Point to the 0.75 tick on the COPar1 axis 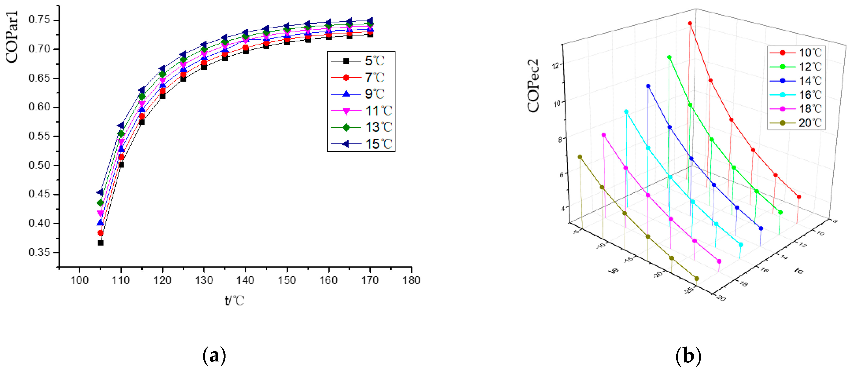click(x=39, y=20)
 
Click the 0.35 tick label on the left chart click(x=39, y=252)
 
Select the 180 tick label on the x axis click(x=411, y=280)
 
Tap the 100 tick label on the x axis click(x=80, y=280)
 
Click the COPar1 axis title click(x=12, y=37)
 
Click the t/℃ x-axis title click(x=234, y=301)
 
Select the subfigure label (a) click(x=214, y=356)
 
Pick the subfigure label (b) click(x=688, y=356)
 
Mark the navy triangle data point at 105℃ click(x=100, y=193)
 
